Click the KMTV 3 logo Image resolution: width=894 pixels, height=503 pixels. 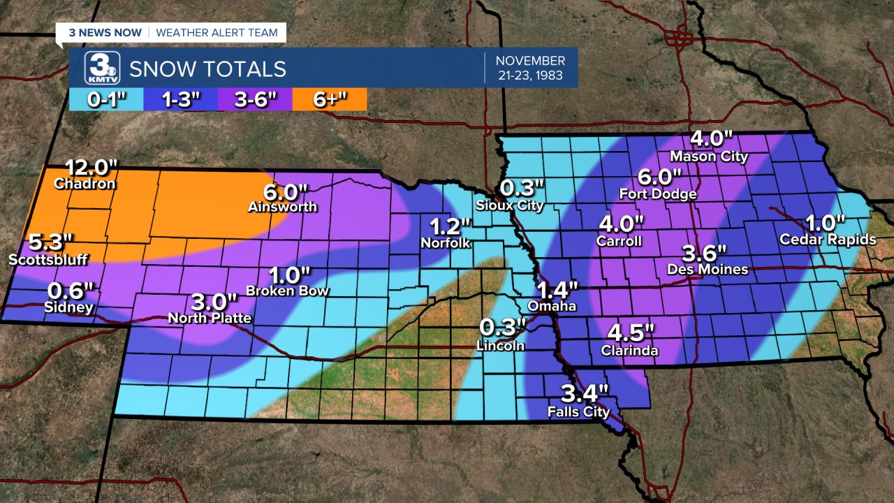(x=102, y=68)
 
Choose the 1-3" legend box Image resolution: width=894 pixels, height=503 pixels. (x=181, y=99)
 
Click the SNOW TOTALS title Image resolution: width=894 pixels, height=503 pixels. (x=207, y=68)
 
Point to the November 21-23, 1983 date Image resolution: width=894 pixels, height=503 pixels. (x=532, y=68)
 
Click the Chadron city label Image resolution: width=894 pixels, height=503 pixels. (x=85, y=184)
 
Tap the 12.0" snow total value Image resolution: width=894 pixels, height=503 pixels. (x=92, y=168)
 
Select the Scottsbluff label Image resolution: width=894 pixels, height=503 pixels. (x=48, y=260)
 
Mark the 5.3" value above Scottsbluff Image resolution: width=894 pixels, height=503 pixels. (x=50, y=243)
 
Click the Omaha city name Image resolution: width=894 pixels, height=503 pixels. (x=552, y=306)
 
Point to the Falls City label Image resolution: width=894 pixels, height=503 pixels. (x=578, y=411)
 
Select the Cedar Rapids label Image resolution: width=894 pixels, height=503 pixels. (x=828, y=240)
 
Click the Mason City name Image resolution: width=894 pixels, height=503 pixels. (x=708, y=156)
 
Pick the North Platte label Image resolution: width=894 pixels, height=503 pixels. (x=210, y=318)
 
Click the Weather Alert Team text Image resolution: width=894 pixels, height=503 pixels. (x=217, y=32)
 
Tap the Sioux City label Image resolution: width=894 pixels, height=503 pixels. (x=509, y=205)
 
